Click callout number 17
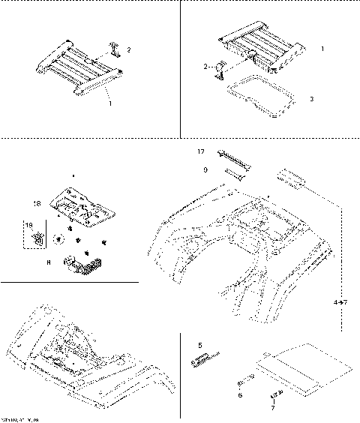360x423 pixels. (x=201, y=151)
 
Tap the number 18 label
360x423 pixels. (x=37, y=203)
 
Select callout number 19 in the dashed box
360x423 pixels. (x=29, y=224)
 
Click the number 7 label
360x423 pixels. (x=273, y=409)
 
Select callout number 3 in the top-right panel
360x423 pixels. (x=311, y=98)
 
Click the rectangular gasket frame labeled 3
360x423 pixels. (x=258, y=100)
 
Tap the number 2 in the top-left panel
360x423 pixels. (x=128, y=50)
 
